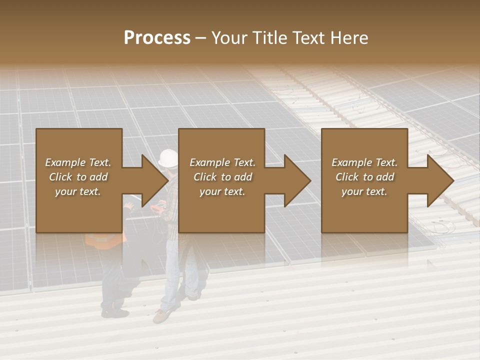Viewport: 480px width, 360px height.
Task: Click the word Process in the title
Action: tap(157, 38)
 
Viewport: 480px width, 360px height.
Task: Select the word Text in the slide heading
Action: tap(309, 38)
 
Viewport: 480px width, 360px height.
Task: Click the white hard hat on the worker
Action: tap(168, 157)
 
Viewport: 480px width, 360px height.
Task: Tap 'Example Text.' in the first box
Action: tap(78, 162)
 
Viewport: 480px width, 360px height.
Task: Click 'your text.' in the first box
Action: tap(78, 191)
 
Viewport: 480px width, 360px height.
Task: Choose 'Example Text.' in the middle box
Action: tap(222, 162)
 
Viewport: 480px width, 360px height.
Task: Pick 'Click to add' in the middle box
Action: tap(222, 177)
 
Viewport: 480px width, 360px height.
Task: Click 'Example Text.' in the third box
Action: tap(364, 162)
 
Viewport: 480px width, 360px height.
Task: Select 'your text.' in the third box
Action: tap(364, 191)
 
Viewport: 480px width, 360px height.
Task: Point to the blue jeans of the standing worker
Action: tap(172, 270)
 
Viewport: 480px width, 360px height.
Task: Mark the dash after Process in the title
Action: tap(201, 38)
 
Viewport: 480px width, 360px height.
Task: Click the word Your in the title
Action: tap(228, 38)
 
